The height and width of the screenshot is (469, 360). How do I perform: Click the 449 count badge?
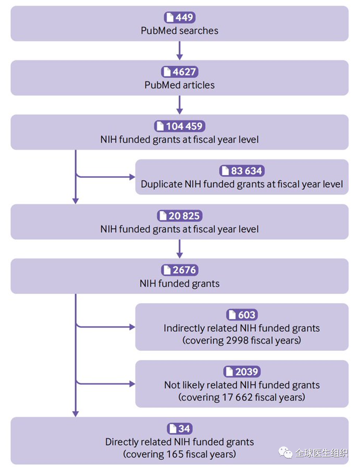(180, 17)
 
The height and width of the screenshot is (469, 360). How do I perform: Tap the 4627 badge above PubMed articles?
(180, 72)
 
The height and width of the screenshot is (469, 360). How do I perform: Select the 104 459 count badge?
(180, 126)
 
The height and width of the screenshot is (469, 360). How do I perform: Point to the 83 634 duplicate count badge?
(242, 171)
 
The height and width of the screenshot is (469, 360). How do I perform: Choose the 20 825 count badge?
(180, 216)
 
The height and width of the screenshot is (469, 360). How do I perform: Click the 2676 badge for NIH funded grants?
(180, 270)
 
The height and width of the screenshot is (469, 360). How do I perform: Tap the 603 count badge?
(242, 315)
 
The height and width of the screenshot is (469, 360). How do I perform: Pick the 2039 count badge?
(242, 372)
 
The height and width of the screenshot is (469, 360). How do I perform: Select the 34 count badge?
(180, 428)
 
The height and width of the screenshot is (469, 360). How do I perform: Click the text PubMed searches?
(179, 31)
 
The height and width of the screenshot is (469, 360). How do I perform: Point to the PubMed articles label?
(179, 85)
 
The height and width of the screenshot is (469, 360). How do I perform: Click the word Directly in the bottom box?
(121, 442)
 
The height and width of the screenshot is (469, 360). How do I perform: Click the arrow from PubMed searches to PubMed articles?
(179, 51)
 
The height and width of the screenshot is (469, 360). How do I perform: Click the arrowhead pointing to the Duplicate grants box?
(132, 177)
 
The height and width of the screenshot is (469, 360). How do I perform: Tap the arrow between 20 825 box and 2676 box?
(179, 249)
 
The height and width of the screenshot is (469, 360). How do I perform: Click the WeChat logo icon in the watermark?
(285, 452)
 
